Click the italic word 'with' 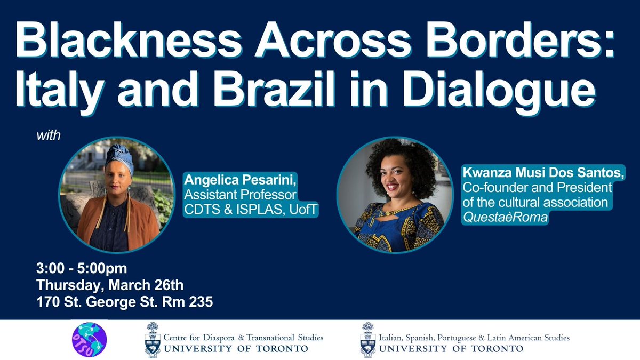coord(49,135)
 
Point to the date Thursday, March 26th coord(103,285)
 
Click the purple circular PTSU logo coord(89,340)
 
